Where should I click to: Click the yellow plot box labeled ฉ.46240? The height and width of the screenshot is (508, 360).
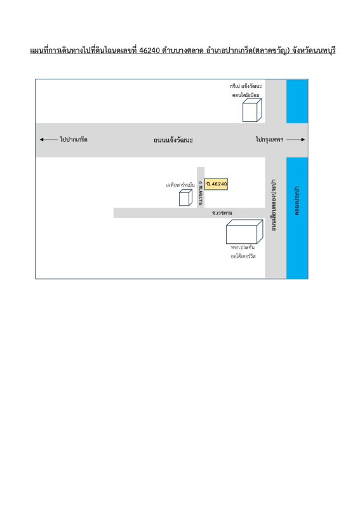(216, 184)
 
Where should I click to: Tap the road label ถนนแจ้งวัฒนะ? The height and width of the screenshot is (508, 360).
(173, 140)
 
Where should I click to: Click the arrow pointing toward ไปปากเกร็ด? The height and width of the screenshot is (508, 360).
(48, 140)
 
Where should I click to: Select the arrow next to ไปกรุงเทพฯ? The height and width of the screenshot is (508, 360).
(295, 140)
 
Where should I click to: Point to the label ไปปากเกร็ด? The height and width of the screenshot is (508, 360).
(74, 140)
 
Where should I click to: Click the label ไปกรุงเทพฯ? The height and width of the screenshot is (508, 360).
(270, 140)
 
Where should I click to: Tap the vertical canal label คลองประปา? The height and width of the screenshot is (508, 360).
(297, 201)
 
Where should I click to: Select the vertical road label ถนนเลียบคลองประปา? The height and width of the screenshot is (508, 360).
(274, 204)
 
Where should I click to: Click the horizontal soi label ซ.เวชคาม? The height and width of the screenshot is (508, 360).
(222, 213)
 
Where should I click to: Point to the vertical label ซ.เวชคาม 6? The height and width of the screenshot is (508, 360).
(201, 193)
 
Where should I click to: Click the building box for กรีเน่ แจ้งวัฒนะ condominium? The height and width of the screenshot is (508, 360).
(252, 110)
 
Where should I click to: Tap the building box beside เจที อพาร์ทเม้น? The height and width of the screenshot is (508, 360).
(185, 197)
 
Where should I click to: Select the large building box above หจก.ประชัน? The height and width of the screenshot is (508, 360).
(244, 232)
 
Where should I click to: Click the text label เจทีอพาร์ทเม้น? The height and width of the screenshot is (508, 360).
(180, 185)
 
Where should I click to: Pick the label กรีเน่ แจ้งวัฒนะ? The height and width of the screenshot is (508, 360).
(246, 86)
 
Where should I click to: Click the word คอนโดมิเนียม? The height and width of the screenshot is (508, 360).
(246, 95)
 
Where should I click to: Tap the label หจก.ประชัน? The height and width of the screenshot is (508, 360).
(243, 247)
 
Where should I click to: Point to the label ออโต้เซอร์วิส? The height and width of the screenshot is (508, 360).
(243, 257)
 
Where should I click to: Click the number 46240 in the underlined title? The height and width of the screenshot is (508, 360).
(150, 51)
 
